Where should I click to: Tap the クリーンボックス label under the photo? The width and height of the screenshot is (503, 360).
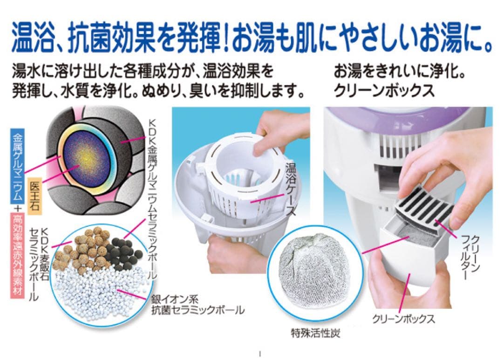(x=404, y=319)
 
